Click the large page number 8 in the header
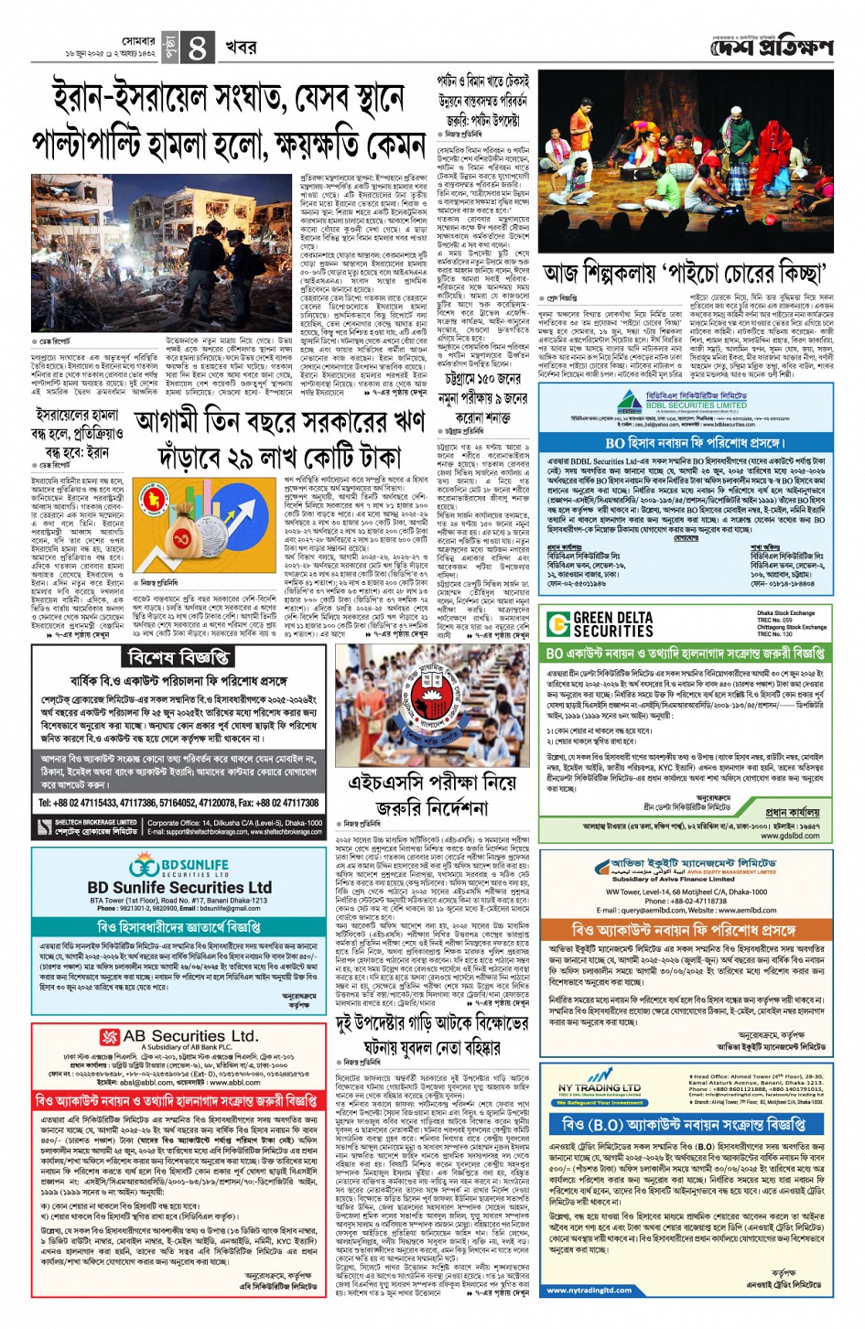[x=197, y=47]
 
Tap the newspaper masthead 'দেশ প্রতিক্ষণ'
[x=773, y=46]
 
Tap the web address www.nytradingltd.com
[x=589, y=1291]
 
